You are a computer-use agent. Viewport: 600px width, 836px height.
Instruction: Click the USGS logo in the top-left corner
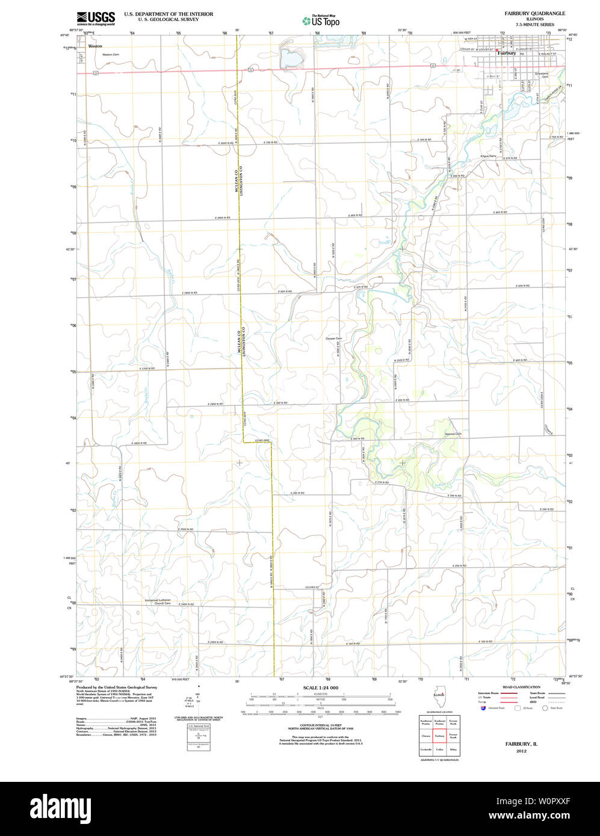tap(96, 18)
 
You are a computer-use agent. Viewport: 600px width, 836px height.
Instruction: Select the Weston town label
tap(95, 46)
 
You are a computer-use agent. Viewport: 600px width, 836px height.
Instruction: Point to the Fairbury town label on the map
tap(506, 53)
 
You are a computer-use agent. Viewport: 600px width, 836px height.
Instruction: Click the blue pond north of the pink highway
tap(291, 59)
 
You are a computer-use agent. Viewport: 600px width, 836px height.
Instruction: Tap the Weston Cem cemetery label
tap(111, 55)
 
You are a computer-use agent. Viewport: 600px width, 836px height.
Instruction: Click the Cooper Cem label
tap(333, 339)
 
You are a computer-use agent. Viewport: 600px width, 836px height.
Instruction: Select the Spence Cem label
tap(453, 434)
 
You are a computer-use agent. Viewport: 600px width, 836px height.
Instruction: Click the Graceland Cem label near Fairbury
tap(542, 75)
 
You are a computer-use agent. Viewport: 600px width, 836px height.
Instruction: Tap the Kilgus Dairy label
tap(488, 156)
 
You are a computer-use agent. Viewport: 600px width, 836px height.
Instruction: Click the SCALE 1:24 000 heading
tap(321, 687)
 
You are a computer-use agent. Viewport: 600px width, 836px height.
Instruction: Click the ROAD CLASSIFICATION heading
tap(521, 687)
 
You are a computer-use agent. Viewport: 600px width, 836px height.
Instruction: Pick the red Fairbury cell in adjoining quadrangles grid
tap(439, 735)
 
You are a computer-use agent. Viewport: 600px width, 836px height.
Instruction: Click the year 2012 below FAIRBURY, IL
tap(521, 751)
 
